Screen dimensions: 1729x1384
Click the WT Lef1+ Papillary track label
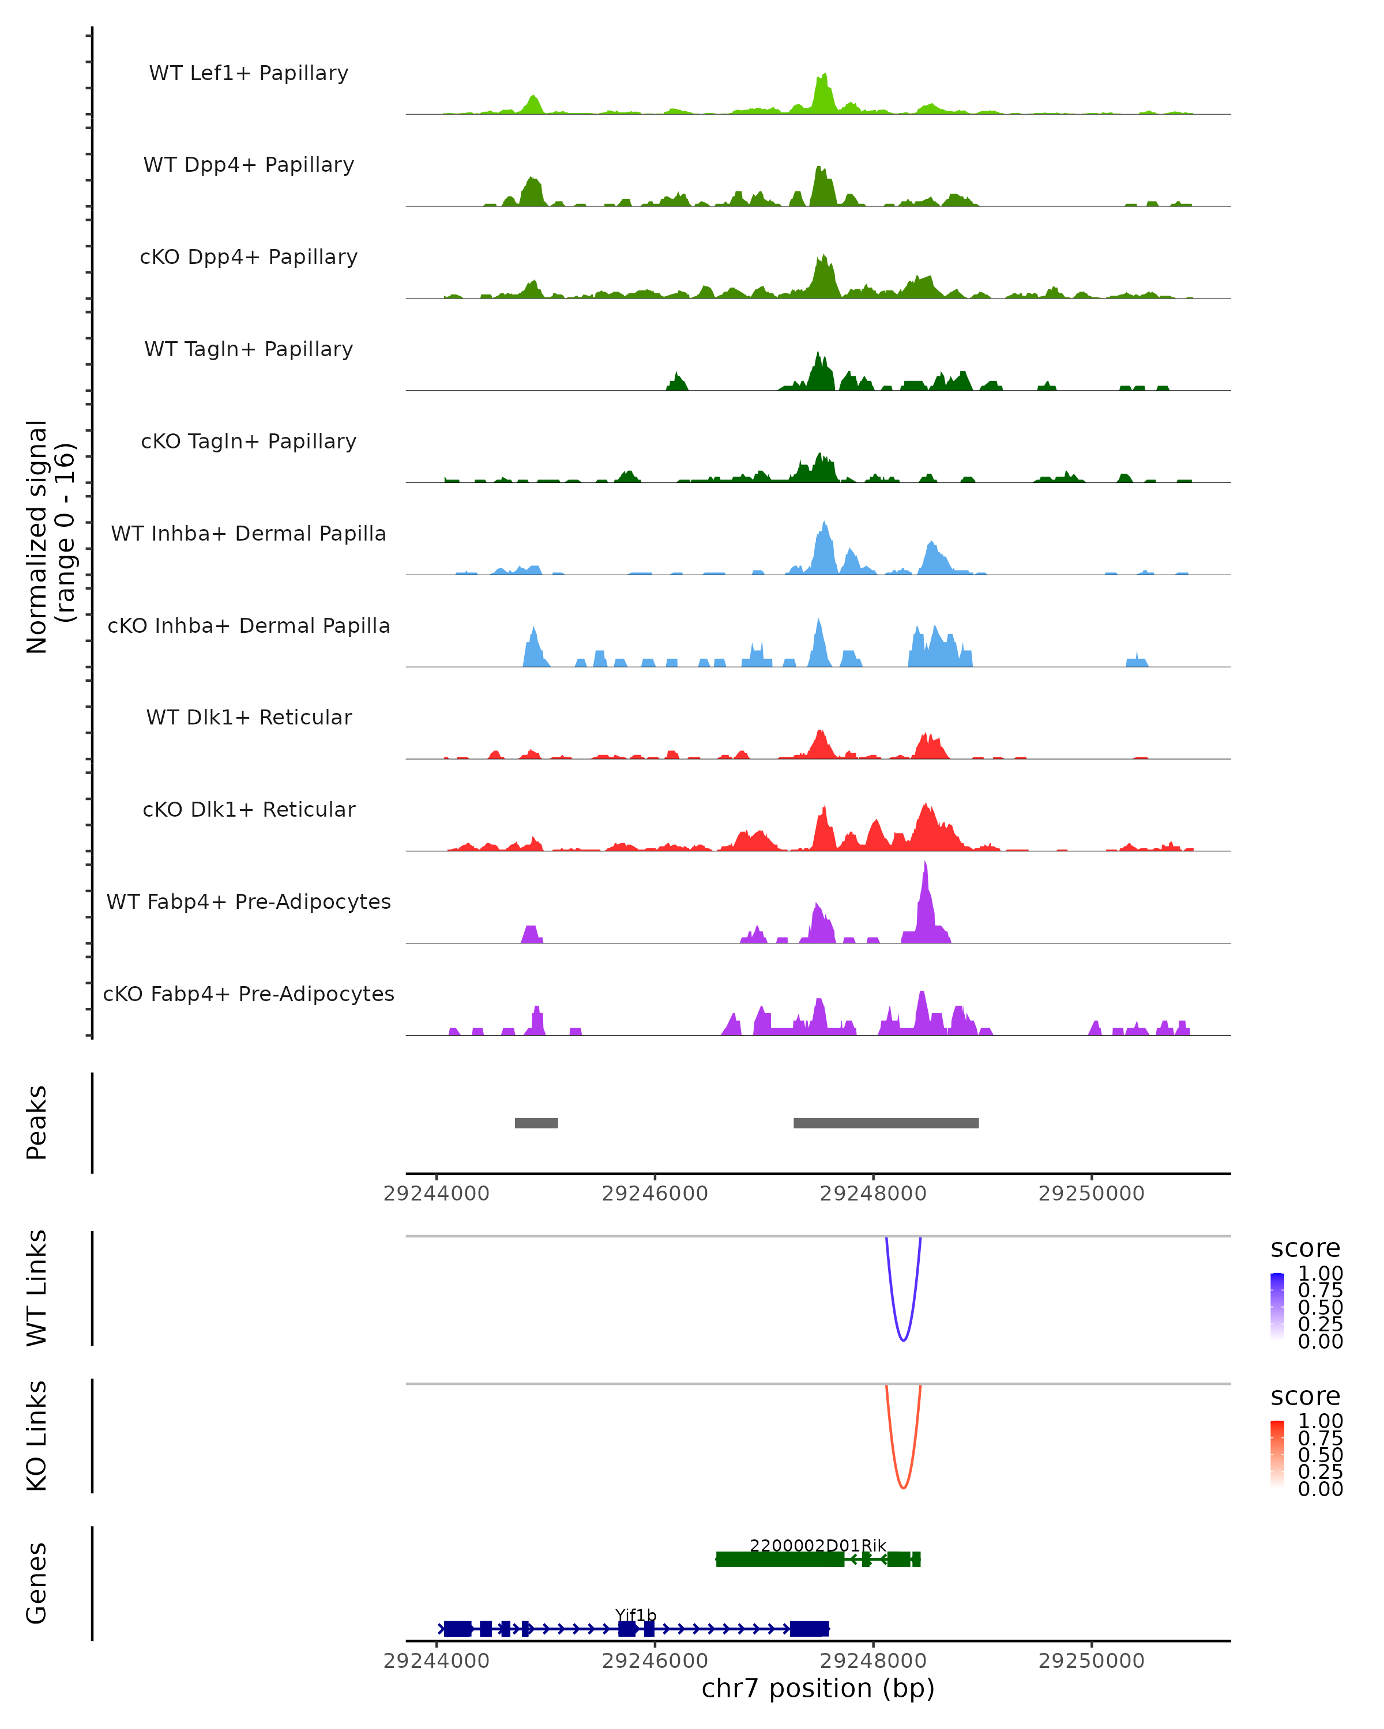pos(249,73)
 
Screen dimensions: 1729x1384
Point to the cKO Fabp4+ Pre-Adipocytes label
pos(249,994)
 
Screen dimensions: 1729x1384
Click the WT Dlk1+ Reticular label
pos(249,718)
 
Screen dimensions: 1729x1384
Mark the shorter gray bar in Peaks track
pos(536,1123)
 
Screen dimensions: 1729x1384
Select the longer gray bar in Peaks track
pos(886,1123)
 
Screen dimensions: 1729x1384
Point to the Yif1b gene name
pos(635,1615)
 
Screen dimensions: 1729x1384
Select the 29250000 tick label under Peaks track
pos(1091,1194)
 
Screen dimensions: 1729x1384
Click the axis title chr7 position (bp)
pos(818,1688)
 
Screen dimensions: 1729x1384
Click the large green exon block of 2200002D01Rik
pos(780,1559)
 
